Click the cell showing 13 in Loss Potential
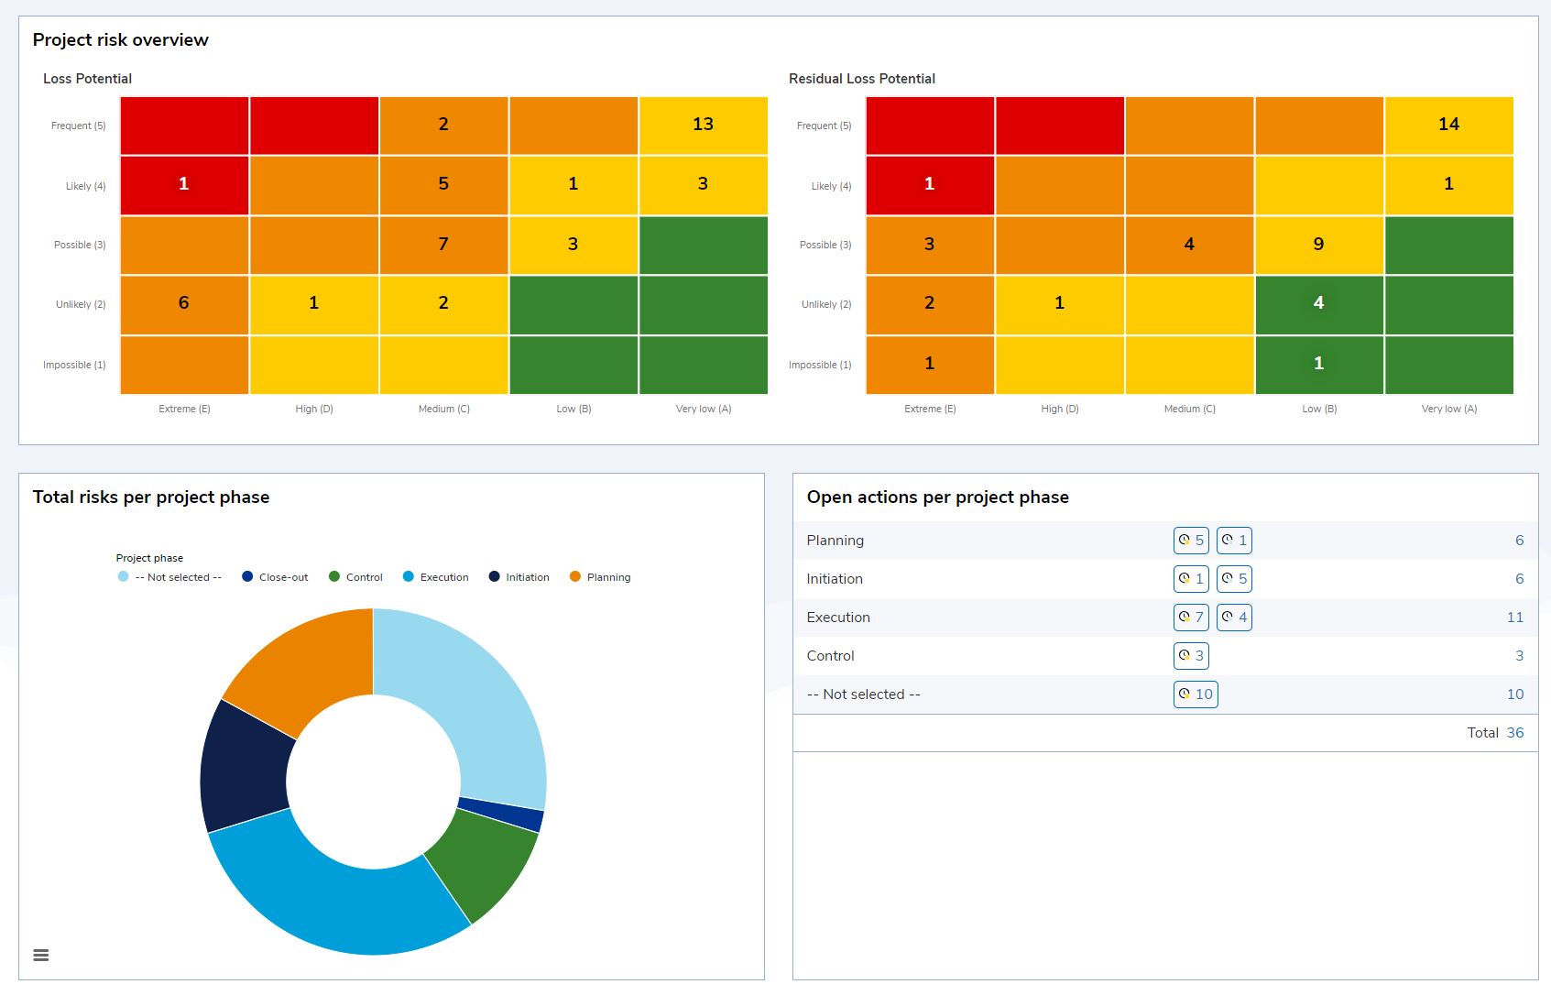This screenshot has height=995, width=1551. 703,125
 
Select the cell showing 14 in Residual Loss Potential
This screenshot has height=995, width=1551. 1448,125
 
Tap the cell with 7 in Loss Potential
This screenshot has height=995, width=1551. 443,245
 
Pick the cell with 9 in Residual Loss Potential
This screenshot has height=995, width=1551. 1318,245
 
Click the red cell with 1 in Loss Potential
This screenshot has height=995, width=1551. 184,184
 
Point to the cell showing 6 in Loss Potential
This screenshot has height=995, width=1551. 184,303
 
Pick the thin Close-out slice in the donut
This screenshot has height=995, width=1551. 499,815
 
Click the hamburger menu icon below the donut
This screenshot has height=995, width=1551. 41,956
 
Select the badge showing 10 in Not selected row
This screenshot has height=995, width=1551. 1196,694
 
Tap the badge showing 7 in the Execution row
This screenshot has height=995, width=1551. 1191,618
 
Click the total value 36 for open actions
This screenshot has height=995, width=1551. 1515,733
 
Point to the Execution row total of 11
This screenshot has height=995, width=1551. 1515,618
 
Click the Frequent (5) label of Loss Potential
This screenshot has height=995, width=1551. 79,126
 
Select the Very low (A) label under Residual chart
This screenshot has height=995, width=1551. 1448,409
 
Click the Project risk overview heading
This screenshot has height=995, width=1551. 121,40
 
